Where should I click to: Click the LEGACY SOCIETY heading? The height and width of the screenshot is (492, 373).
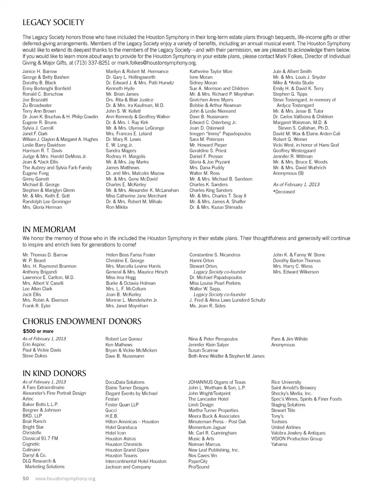click(x=53, y=23)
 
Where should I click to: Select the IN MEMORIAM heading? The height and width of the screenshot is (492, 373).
click(x=49, y=229)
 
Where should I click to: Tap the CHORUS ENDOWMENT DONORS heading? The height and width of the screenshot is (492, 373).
click(x=82, y=322)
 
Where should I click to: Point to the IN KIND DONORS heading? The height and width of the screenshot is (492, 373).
click(x=54, y=373)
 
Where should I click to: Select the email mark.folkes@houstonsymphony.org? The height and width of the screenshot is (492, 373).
click(x=157, y=63)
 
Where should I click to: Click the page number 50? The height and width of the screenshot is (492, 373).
click(x=26, y=479)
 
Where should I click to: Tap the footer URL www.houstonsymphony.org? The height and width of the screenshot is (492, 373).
click(x=65, y=479)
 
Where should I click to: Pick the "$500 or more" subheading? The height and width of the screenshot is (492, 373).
click(x=38, y=331)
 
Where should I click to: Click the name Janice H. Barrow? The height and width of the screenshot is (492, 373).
click(x=40, y=72)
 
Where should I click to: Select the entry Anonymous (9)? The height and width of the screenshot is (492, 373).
click(x=288, y=173)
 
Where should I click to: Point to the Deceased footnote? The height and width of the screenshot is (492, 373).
click(x=284, y=192)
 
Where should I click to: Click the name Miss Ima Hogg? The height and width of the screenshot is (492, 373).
click(x=121, y=278)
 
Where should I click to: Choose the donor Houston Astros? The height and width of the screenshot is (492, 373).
click(x=120, y=439)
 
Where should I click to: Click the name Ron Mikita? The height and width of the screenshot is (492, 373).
click(x=117, y=207)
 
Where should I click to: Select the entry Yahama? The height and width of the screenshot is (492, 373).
click(x=279, y=444)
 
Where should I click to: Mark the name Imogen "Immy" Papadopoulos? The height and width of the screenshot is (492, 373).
click(x=220, y=134)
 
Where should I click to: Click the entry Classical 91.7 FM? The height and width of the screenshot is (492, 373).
click(x=40, y=438)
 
